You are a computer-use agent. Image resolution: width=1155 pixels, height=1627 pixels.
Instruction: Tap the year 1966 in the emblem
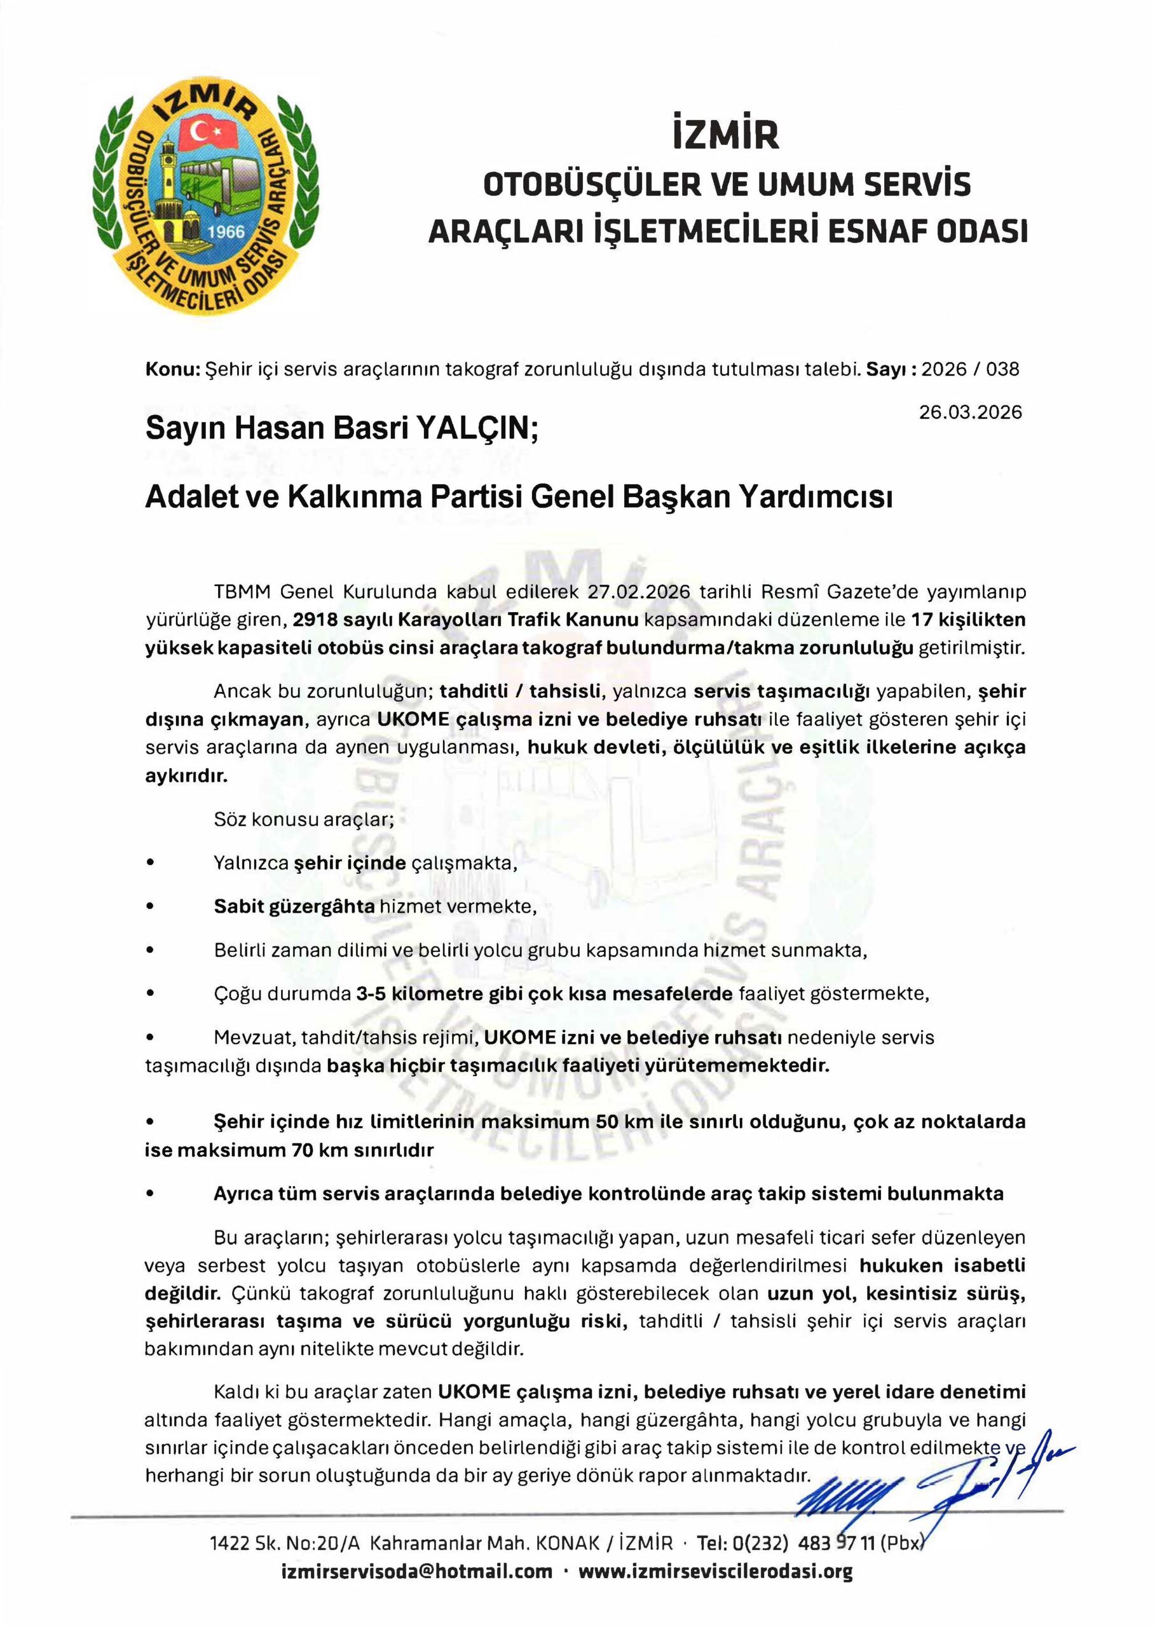click(226, 232)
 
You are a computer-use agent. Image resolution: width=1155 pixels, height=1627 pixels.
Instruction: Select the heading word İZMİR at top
click(726, 136)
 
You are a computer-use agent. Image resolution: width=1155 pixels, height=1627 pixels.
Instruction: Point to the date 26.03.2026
click(970, 412)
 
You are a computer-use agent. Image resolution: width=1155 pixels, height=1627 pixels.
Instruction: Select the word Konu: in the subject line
click(172, 369)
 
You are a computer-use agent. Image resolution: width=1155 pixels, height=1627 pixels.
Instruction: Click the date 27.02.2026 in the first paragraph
click(640, 592)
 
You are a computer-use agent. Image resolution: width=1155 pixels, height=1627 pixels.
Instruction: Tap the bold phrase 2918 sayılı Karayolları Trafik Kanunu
click(465, 620)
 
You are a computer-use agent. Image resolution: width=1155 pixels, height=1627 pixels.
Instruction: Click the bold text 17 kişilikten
click(968, 620)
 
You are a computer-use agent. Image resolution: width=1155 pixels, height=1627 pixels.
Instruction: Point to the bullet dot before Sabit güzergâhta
click(149, 908)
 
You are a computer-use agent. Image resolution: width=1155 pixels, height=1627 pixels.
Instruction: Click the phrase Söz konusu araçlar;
click(304, 819)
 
